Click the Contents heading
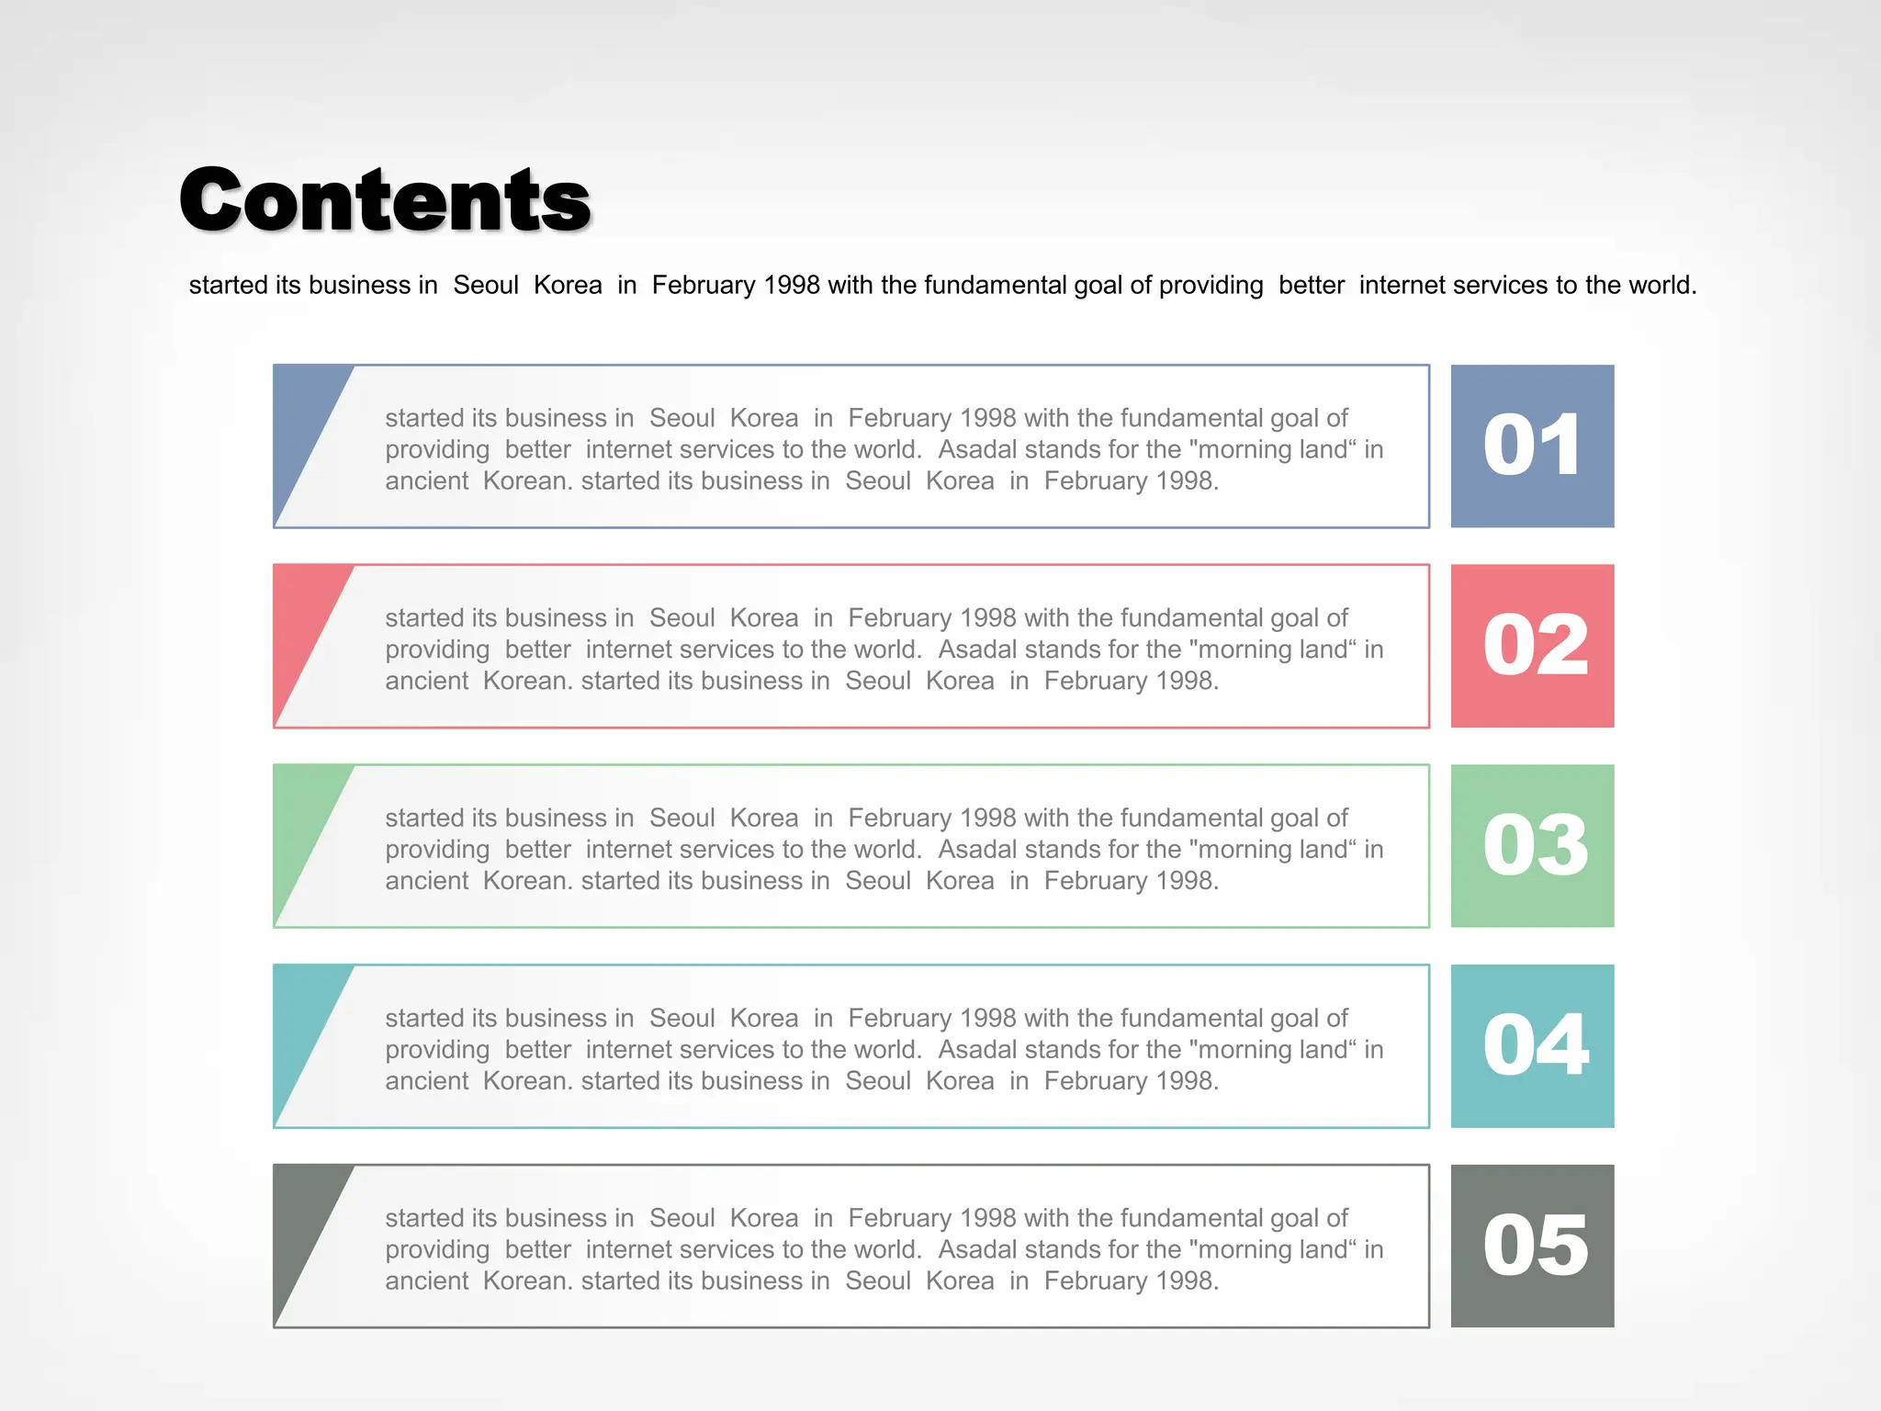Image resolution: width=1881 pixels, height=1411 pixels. point(385,200)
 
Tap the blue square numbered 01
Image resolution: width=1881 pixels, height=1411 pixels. point(1532,446)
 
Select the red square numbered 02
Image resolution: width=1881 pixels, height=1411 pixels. point(1532,646)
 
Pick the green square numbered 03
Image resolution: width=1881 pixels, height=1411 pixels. point(1532,846)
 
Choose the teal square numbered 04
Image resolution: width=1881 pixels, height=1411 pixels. point(1532,1045)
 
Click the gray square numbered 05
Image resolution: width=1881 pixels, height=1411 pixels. point(1532,1246)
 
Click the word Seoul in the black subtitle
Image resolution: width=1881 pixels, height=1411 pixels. point(486,286)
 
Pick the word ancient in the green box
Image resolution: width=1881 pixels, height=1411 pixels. point(427,881)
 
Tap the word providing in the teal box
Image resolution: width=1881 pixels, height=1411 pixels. point(437,1050)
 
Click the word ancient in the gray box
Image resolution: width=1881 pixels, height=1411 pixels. point(427,1281)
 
